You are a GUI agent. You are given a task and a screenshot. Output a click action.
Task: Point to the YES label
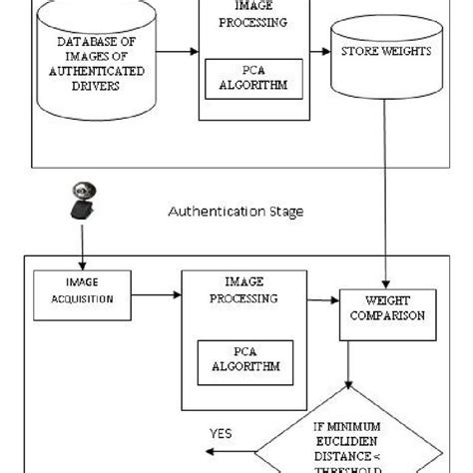coord(222,433)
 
